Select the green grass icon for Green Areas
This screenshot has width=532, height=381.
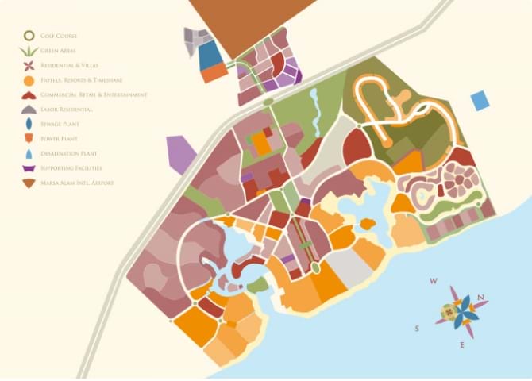pyautogui.click(x=29, y=51)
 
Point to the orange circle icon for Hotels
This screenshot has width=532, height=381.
pyautogui.click(x=29, y=80)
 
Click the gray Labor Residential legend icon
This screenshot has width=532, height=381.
pyautogui.click(x=29, y=109)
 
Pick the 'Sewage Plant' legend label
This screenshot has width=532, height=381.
pyautogui.click(x=60, y=125)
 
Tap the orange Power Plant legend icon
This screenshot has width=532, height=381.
pyautogui.click(x=29, y=138)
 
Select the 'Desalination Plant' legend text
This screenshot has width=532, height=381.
pyautogui.click(x=70, y=154)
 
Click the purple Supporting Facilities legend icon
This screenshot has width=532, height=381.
pyautogui.click(x=29, y=168)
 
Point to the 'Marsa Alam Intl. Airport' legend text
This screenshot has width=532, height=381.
pyautogui.click(x=78, y=183)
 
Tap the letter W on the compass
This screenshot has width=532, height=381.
pyautogui.click(x=433, y=281)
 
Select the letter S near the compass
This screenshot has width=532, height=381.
pyautogui.click(x=416, y=328)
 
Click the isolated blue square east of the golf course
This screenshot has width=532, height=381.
pyautogui.click(x=480, y=101)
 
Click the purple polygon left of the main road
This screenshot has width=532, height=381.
pyautogui.click(x=181, y=154)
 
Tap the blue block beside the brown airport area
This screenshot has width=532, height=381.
pyautogui.click(x=210, y=56)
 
